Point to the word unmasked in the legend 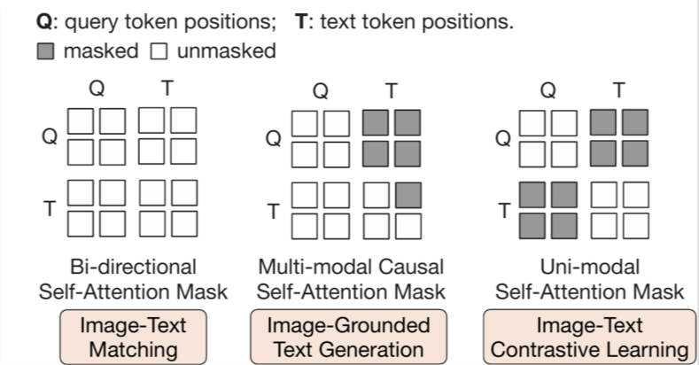point(226,50)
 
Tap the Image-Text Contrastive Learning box point(588,337)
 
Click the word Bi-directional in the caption point(132,267)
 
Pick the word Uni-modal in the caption point(588,267)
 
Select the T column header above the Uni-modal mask point(618,89)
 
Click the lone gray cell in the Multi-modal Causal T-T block point(407,193)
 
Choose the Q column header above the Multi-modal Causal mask point(321,89)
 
